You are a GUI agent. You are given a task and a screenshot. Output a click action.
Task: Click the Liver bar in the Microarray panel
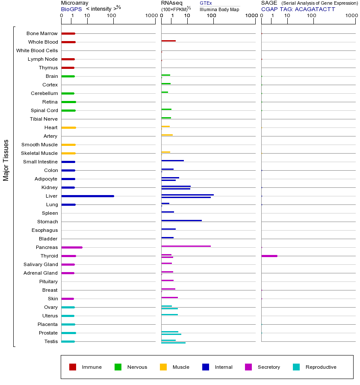[88, 196]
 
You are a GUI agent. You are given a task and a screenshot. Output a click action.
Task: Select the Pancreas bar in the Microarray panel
[72, 247]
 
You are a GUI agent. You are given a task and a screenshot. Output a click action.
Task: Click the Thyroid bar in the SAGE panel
[269, 256]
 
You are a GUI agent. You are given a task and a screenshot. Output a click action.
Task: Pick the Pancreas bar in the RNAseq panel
[186, 246]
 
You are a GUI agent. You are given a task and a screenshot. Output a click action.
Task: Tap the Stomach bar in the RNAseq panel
[181, 220]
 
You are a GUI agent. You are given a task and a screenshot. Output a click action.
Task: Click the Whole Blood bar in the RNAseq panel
[168, 41]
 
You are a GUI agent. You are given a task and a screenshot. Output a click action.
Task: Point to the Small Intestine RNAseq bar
[172, 160]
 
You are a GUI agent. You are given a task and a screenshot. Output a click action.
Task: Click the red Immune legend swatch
[73, 367]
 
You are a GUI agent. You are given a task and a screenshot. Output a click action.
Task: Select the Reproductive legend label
[321, 367]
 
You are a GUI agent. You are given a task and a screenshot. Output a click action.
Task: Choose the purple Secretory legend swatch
[248, 367]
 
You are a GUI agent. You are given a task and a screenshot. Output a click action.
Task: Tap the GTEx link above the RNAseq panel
[206, 3]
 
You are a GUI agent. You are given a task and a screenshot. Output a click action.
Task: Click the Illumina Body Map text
[219, 9]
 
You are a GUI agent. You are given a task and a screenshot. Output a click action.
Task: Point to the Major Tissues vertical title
[6, 160]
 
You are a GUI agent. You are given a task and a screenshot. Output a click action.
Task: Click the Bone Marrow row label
[42, 33]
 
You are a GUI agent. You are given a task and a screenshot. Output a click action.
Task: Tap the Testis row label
[51, 341]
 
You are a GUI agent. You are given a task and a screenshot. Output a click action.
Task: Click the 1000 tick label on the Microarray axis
[150, 16]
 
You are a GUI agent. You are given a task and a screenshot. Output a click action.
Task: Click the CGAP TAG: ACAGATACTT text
[298, 9]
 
